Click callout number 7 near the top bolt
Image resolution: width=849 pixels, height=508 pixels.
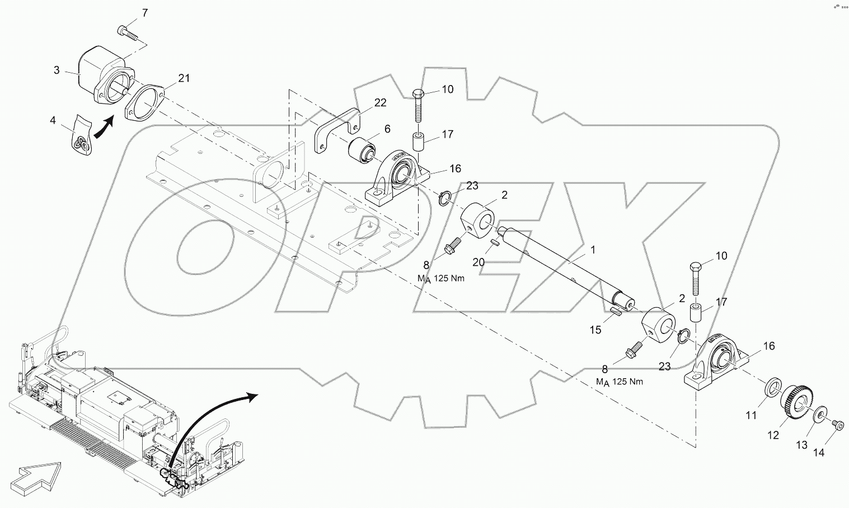coord(145,12)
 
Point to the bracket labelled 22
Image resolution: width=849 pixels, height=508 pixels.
coord(336,128)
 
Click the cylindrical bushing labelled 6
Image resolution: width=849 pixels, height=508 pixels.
coord(362,150)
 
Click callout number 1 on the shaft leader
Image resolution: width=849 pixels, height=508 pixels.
coord(592,250)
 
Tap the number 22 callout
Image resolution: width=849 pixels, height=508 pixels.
coord(380,102)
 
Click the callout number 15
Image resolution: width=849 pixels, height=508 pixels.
coord(595,330)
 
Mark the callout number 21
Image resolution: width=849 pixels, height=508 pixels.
coord(184,78)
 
